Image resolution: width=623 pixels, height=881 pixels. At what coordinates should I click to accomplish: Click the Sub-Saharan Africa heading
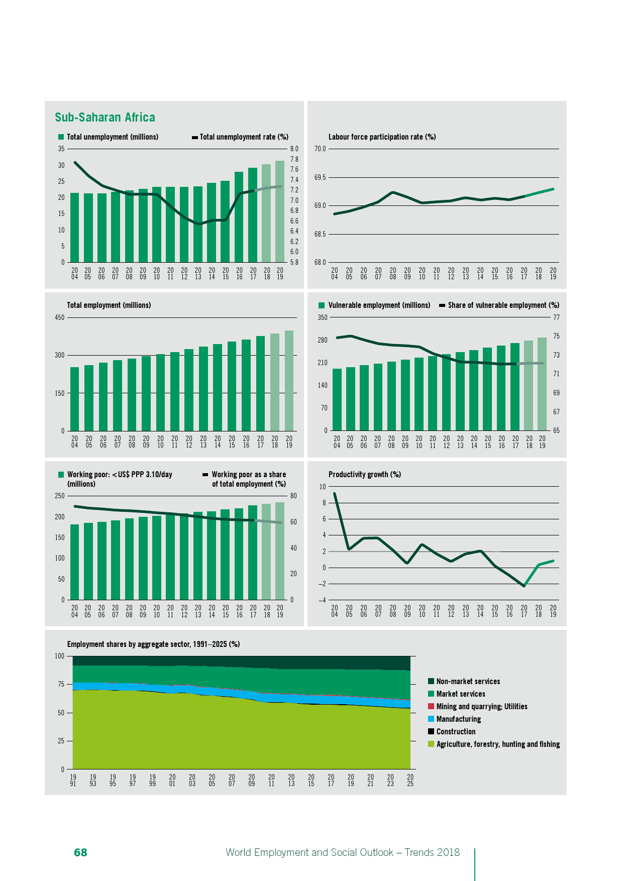tap(105, 118)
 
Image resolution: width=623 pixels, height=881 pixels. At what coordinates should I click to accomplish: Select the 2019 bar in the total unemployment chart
tap(280, 211)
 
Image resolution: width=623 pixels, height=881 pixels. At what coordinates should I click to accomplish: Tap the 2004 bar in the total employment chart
tap(74, 399)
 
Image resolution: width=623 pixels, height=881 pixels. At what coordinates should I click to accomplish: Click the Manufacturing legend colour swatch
tap(431, 719)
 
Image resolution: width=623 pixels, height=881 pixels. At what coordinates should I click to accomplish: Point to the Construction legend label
tap(456, 732)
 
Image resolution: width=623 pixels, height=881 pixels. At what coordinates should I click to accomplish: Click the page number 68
tap(80, 852)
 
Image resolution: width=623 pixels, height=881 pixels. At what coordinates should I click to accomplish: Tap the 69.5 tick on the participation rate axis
tap(320, 177)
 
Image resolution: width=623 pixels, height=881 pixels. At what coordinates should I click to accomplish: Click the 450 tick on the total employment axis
tap(60, 317)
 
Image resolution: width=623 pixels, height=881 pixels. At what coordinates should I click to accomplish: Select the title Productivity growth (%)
tap(364, 475)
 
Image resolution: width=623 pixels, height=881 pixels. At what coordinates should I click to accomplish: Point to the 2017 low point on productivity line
tap(524, 586)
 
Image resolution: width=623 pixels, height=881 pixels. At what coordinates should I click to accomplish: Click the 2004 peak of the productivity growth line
tap(335, 493)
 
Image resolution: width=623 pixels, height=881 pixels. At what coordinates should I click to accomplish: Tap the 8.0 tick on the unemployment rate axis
tap(294, 149)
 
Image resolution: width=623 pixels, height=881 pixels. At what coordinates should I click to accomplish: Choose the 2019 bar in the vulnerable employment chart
tap(542, 384)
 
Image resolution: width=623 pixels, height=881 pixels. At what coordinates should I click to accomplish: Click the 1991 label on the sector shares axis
tap(73, 780)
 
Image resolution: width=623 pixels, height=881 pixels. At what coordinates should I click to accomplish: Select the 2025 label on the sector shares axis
tap(410, 780)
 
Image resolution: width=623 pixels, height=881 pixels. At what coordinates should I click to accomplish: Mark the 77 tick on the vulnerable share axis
tap(556, 317)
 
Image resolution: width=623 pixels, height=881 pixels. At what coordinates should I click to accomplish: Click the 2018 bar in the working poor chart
tap(266, 552)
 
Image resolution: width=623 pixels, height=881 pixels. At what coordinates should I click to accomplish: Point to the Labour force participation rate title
tap(382, 137)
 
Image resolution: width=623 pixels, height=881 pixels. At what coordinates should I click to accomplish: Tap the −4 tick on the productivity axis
tap(322, 600)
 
